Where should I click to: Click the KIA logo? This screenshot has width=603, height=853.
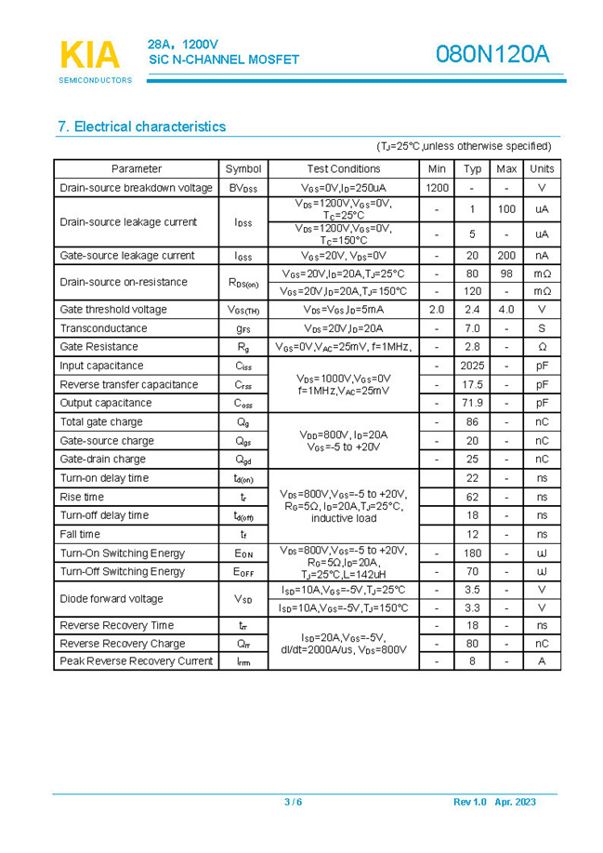(90, 56)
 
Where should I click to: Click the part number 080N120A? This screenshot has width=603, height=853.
(492, 55)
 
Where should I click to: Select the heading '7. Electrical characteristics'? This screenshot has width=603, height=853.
(141, 127)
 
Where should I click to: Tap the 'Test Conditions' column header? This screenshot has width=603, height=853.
(343, 169)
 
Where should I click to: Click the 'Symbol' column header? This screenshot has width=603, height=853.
(243, 169)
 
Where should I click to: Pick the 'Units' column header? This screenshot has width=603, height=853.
(541, 169)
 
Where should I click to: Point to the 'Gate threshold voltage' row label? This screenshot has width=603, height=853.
(113, 310)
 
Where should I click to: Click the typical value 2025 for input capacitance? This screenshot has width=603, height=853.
(472, 367)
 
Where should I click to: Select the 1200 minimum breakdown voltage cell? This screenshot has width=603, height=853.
(437, 188)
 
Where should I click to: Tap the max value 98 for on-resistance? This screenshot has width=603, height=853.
(506, 274)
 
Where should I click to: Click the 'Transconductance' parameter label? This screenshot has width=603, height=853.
(103, 328)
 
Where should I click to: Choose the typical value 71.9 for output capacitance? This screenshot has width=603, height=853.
(472, 404)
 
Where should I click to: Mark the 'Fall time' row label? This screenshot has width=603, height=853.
(80, 535)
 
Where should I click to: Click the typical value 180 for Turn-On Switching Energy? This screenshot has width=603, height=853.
(472, 553)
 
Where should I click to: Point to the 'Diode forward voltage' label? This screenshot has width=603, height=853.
(111, 599)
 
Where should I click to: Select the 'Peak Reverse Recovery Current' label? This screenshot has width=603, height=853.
(137, 661)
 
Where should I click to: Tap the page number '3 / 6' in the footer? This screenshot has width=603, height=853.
(293, 802)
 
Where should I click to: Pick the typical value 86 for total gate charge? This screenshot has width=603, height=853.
(472, 422)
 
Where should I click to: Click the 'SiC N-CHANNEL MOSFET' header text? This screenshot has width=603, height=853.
(224, 60)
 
